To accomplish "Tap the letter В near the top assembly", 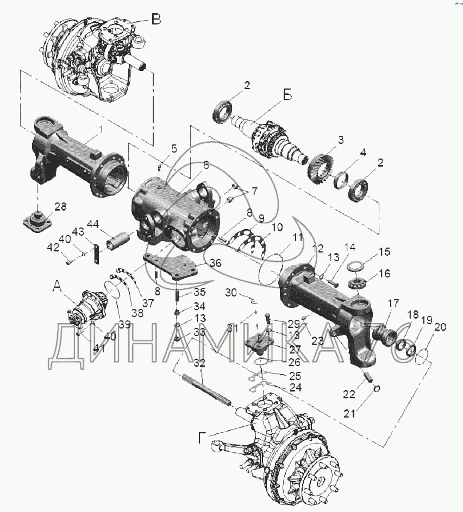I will coord(156,20).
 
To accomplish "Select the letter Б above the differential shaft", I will coord(286,94).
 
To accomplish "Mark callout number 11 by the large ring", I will coord(297,237).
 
